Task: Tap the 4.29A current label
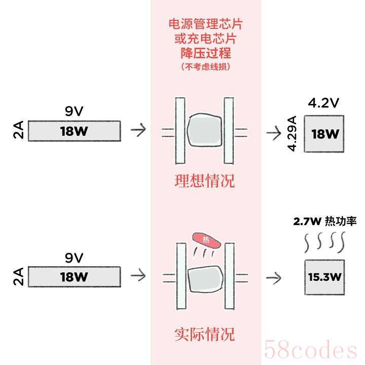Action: click(x=292, y=133)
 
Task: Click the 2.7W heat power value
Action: click(x=306, y=222)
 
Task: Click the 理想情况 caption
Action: click(x=205, y=181)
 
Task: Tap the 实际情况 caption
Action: click(x=205, y=334)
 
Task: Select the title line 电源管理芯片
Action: click(x=205, y=24)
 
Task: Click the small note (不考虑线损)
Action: click(x=205, y=66)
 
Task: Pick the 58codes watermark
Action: click(x=311, y=350)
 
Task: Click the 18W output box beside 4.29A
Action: click(x=324, y=133)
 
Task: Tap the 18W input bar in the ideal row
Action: click(x=74, y=131)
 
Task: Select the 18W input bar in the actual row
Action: click(x=74, y=277)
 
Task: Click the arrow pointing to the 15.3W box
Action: click(x=274, y=277)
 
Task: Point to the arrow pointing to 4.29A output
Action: click(x=274, y=133)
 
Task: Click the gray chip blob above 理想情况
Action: click(x=205, y=131)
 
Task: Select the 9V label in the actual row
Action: click(x=74, y=258)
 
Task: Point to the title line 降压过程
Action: click(x=205, y=53)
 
